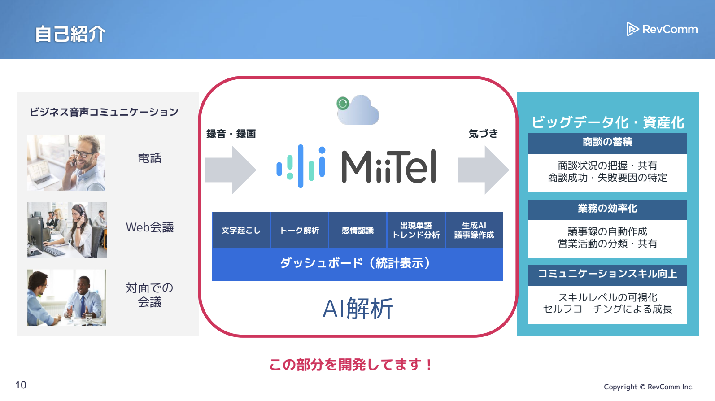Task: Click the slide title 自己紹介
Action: [x=70, y=34]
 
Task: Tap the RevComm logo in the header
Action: [x=662, y=29]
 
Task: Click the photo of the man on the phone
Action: [x=66, y=162]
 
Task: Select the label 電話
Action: [x=149, y=158]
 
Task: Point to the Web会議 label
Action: [x=150, y=227]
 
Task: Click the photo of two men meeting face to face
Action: [x=67, y=297]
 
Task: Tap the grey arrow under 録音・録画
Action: [x=231, y=170]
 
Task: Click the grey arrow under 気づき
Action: [x=483, y=170]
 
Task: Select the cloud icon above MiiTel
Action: [x=358, y=110]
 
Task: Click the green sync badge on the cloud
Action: [x=343, y=104]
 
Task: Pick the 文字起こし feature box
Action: [x=241, y=230]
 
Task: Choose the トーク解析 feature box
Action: [x=299, y=230]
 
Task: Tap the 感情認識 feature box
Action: [x=357, y=230]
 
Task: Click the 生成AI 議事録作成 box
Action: [x=474, y=230]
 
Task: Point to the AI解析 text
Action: [x=358, y=309]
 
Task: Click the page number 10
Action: [x=21, y=385]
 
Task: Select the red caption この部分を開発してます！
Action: [x=350, y=365]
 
